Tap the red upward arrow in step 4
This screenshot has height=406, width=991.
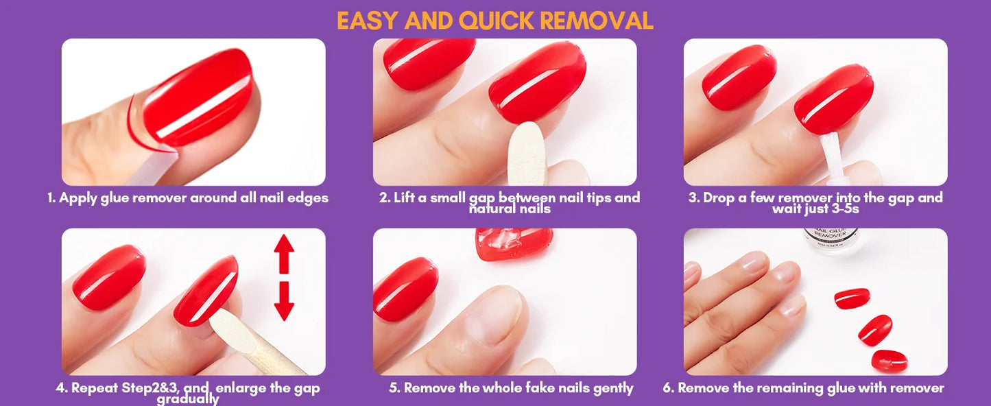284,253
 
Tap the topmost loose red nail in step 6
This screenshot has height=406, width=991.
852,298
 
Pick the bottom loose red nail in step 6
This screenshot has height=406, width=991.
889,360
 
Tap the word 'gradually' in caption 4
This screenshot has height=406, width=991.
187,399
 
